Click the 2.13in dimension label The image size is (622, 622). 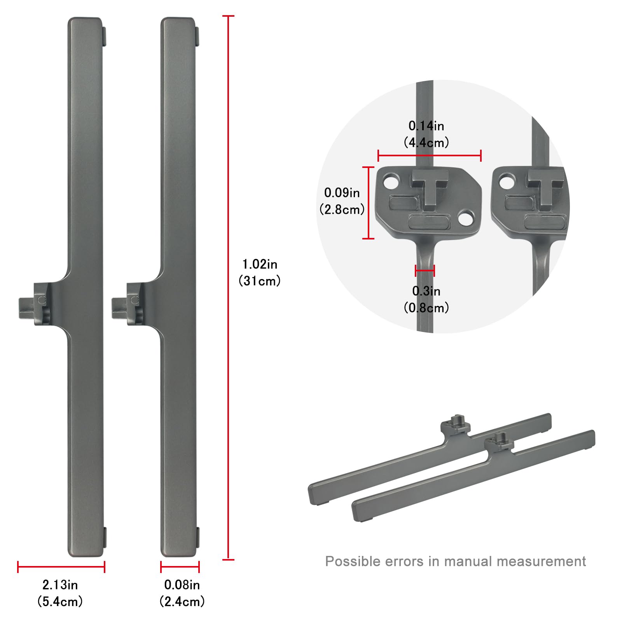(x=60, y=585)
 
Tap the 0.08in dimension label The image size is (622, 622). (x=182, y=585)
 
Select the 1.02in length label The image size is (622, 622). (x=260, y=264)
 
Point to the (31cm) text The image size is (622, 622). (x=260, y=281)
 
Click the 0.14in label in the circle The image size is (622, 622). (x=426, y=126)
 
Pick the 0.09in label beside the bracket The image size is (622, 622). (x=342, y=192)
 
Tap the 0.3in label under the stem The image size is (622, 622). (x=426, y=291)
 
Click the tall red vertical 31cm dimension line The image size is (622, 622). (x=228, y=288)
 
